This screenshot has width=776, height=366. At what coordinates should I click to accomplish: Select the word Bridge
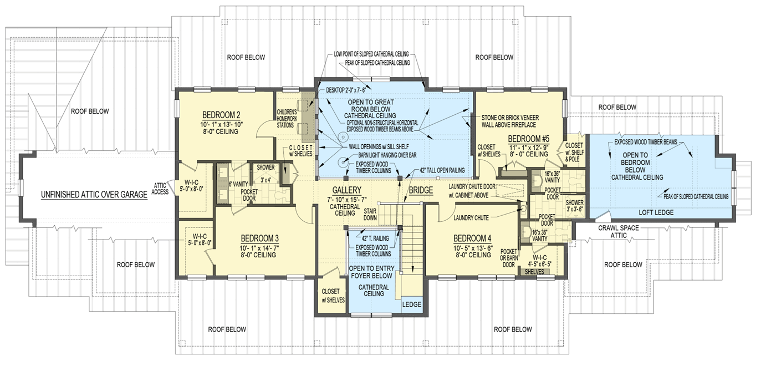point(421,190)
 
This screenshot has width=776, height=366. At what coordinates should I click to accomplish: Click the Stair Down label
point(371,214)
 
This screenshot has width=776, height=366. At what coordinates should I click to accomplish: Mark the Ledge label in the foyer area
point(412,304)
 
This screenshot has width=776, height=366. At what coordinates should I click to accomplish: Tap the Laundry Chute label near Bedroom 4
point(472,217)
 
